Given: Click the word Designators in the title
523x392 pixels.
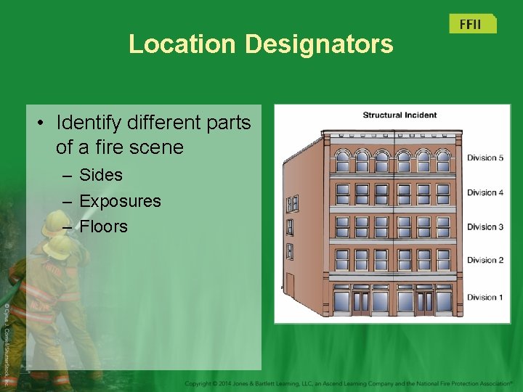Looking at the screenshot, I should (x=319, y=44).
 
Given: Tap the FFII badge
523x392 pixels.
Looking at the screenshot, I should (x=471, y=24).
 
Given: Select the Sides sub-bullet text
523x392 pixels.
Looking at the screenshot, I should (x=101, y=175).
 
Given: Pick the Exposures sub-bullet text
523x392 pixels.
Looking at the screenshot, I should (x=120, y=201).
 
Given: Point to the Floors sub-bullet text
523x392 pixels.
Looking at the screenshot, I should (x=103, y=226).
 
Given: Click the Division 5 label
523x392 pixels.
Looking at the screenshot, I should (x=485, y=158).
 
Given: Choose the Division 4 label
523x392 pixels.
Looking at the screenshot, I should (x=485, y=192).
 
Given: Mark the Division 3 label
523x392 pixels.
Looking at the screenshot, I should (x=485, y=227).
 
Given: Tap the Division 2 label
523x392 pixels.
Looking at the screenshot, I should (x=485, y=260).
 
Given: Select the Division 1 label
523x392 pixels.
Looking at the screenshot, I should (x=485, y=297).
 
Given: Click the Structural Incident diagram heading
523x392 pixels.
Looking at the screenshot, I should (x=400, y=115).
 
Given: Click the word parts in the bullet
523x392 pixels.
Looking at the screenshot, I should (x=223, y=122).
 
